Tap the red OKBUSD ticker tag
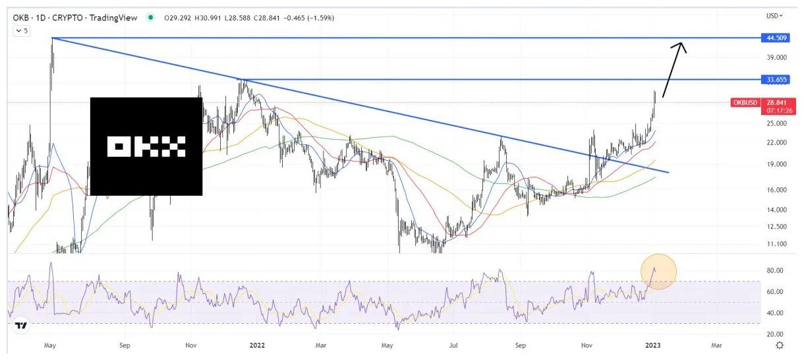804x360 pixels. tap(745, 103)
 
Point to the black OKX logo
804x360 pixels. tap(146, 146)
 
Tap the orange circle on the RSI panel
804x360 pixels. tap(658, 271)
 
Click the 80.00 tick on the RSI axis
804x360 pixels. tap(774, 270)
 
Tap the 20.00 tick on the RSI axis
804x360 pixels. tap(774, 334)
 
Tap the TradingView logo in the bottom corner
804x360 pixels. tap(21, 326)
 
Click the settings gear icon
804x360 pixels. tap(780, 345)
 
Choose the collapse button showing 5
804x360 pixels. tap(22, 31)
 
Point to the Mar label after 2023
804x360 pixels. tap(716, 344)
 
